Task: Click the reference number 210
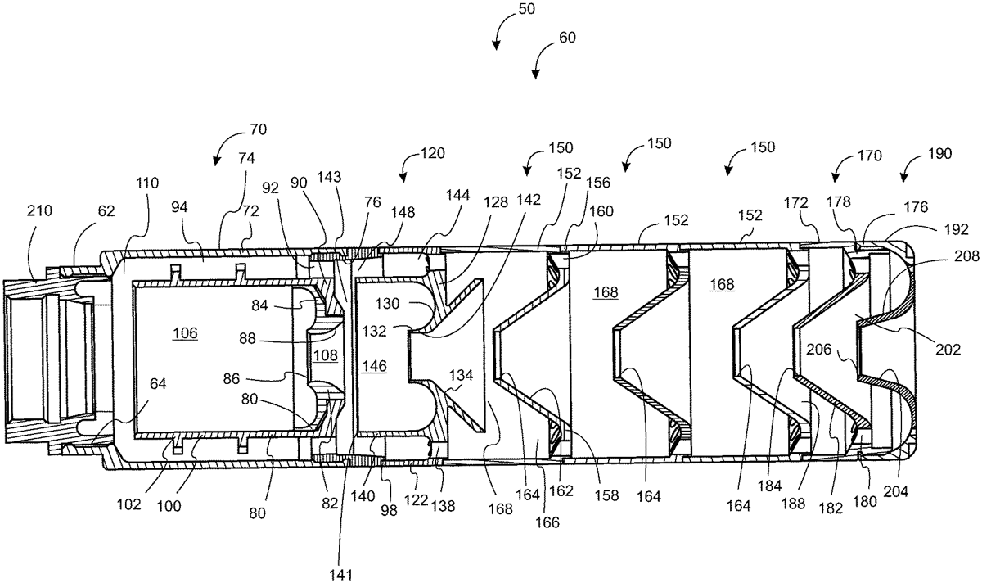click(38, 211)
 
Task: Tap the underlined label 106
click(185, 333)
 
